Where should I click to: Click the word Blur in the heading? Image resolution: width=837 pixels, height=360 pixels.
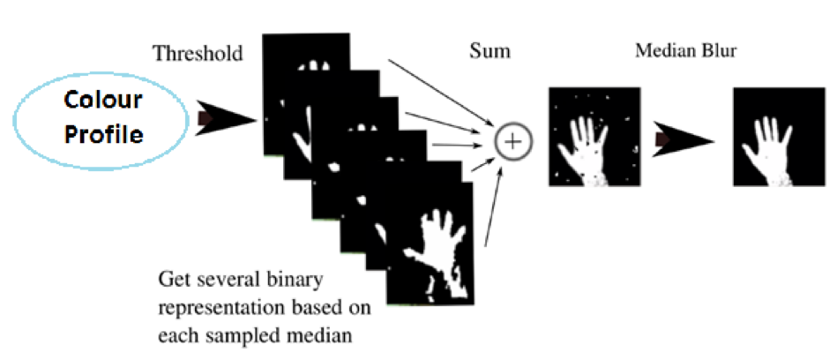click(718, 51)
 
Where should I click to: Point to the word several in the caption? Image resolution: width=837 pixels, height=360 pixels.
click(227, 281)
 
